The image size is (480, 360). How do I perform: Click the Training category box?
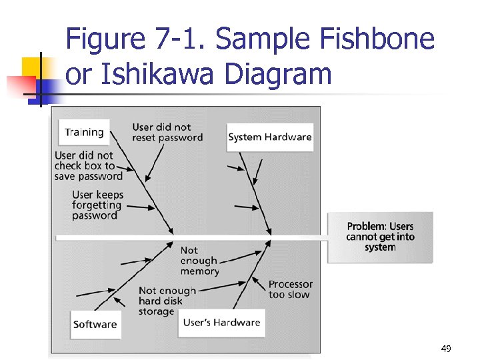84,132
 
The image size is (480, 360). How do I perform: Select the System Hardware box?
270,137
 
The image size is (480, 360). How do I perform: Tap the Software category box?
95,325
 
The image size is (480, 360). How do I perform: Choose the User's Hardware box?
221,323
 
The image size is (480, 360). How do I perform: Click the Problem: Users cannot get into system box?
380,237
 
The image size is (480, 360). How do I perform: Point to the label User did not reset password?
167,132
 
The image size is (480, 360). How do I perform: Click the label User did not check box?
89,166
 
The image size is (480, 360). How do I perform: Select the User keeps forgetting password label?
97,205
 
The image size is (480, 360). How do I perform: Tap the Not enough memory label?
199,261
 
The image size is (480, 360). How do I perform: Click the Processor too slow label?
291,289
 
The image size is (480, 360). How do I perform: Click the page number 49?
446,349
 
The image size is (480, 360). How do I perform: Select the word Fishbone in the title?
378,40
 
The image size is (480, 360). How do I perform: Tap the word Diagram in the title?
278,74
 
